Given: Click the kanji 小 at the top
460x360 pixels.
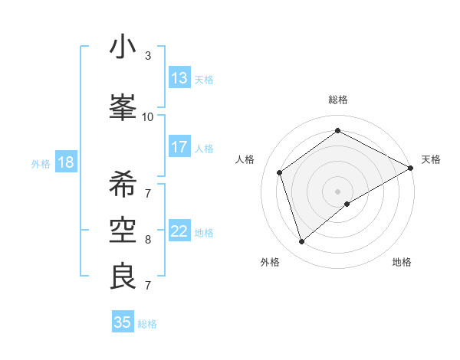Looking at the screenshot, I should pyautogui.click(x=123, y=47).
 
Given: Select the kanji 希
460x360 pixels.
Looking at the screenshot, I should pyautogui.click(x=123, y=184).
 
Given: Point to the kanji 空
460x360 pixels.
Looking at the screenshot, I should pyautogui.click(x=123, y=231).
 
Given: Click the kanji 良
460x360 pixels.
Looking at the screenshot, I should pyautogui.click(x=123, y=277).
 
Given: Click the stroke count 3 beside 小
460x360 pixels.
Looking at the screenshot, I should pyautogui.click(x=148, y=56).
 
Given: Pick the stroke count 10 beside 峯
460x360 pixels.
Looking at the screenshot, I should pyautogui.click(x=147, y=116).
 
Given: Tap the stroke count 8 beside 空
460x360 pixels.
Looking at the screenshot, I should pyautogui.click(x=148, y=240).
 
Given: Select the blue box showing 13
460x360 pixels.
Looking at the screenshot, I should pyautogui.click(x=179, y=78).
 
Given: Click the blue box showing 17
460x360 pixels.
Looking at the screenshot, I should pyautogui.click(x=179, y=147).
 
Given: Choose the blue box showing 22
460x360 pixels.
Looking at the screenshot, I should pyautogui.click(x=179, y=231).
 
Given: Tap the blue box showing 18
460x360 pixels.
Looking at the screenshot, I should pyautogui.click(x=65, y=162).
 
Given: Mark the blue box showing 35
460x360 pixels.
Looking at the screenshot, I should pyautogui.click(x=123, y=322).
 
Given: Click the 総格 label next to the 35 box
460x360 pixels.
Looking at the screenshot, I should pyautogui.click(x=147, y=324).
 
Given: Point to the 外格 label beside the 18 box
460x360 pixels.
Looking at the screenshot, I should pyautogui.click(x=41, y=164).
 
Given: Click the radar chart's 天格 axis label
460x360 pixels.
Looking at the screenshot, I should pyautogui.click(x=431, y=159).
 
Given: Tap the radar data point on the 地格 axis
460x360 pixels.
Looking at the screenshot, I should pyautogui.click(x=348, y=204).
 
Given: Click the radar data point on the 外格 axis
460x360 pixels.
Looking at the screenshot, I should pyautogui.click(x=301, y=242).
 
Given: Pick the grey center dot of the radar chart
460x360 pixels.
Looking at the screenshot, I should pyautogui.click(x=337, y=191).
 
